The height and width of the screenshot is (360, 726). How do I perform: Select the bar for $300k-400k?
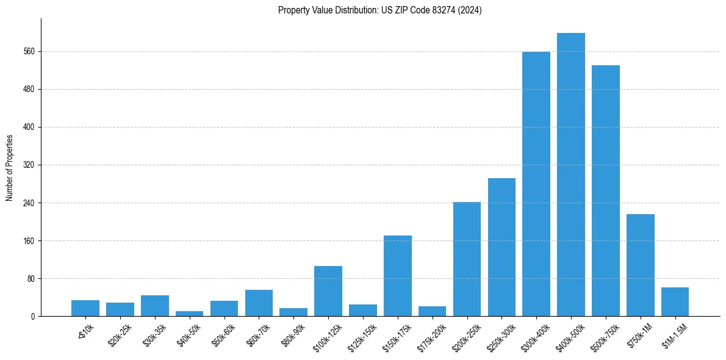(536, 184)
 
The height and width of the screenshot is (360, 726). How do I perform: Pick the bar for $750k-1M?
(641, 265)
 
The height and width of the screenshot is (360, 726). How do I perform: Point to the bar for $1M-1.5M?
(675, 301)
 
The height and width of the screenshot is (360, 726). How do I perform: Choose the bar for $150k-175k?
(398, 276)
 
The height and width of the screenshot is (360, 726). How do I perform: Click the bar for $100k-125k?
(328, 291)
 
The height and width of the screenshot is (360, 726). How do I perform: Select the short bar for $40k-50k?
(189, 314)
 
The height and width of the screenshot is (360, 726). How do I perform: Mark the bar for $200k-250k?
(467, 259)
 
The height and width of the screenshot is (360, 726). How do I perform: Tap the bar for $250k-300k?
(501, 247)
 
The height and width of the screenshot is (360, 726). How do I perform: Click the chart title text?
(379, 10)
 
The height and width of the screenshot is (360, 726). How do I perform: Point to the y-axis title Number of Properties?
(10, 167)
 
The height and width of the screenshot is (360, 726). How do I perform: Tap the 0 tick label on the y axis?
(33, 317)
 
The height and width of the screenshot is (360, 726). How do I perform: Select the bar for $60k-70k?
(259, 303)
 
